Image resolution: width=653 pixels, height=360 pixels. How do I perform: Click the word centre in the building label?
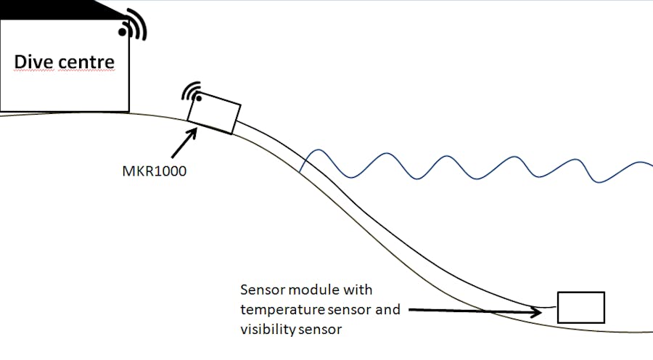click(86, 63)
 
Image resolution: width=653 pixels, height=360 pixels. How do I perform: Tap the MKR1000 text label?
click(154, 171)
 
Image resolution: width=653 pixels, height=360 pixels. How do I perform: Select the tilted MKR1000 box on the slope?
click(214, 113)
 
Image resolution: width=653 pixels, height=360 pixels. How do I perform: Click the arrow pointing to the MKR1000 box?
click(184, 143)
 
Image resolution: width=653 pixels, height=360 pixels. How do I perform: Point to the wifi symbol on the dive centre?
click(134, 25)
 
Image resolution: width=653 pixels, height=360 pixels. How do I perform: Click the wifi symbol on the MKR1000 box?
click(192, 92)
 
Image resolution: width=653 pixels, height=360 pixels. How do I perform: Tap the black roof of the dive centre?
click(58, 10)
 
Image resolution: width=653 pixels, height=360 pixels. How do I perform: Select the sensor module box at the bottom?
click(581, 308)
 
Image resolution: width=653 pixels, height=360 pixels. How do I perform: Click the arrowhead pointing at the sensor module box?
click(536, 311)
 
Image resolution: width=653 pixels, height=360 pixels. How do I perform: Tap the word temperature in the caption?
click(282, 310)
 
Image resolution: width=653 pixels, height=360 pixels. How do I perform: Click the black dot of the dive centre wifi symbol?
click(123, 32)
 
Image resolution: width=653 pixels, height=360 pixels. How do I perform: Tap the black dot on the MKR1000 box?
click(199, 98)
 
